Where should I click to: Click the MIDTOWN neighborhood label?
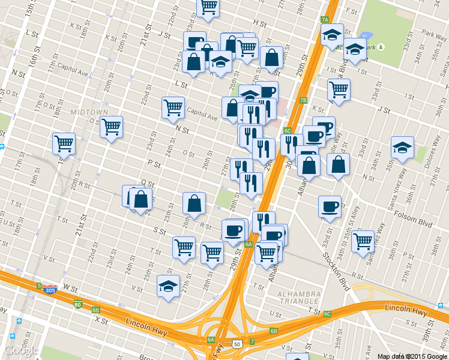89,112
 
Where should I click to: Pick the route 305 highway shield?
50,290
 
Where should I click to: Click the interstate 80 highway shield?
78,304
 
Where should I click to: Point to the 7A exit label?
325,20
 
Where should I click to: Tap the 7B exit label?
303,100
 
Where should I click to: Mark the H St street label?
259,23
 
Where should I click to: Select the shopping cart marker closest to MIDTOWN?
111,127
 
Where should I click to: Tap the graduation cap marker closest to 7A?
331,35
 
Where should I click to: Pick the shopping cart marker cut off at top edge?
208,7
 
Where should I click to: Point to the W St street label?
70,289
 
